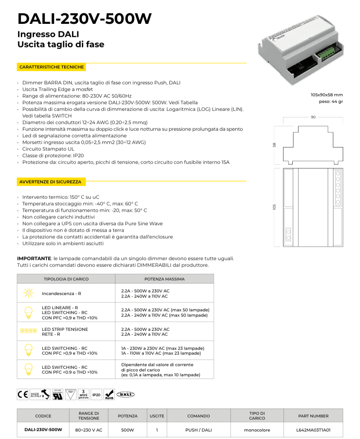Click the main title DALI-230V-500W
pos(84,19)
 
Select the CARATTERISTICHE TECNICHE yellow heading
pos(51,67)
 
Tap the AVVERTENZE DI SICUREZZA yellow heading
pos(50,182)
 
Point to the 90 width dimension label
pos(313,117)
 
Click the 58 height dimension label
pos(275,145)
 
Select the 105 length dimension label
pos(275,207)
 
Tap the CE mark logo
pos(23,394)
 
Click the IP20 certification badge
pos(96,394)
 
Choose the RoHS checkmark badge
pos(109,394)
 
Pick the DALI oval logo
pos(126,394)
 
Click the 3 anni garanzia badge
pos(84,394)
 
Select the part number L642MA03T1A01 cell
pos(313,429)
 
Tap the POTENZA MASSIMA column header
pos(165,279)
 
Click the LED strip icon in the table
pos(28,331)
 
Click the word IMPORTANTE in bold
pos(34,258)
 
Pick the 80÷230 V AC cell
pos(88,429)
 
